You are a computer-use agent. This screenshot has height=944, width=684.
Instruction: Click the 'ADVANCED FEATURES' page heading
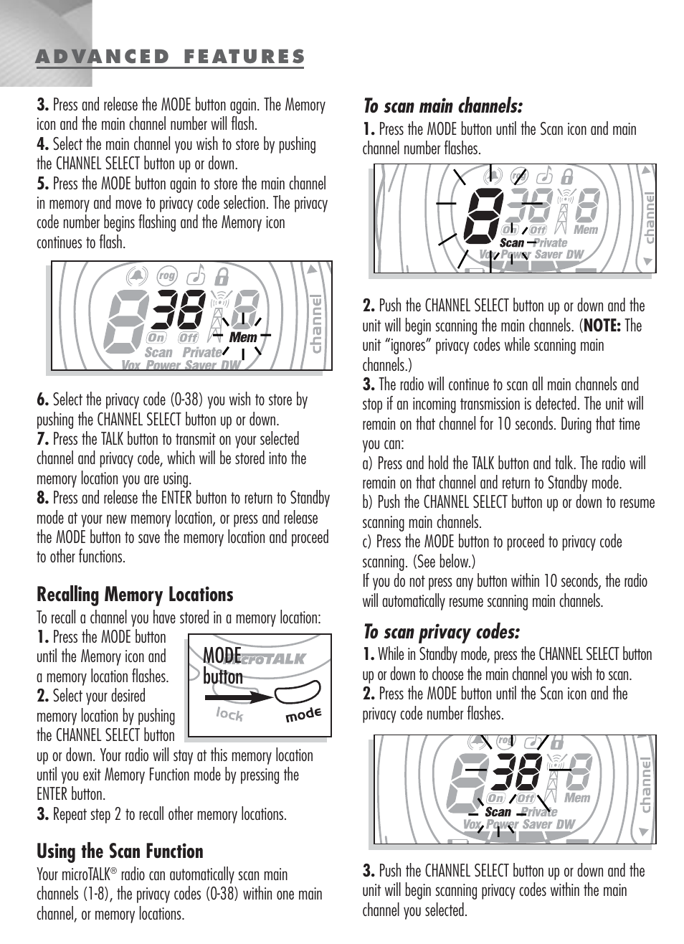171,57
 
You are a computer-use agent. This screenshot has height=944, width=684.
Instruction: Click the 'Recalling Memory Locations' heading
135,595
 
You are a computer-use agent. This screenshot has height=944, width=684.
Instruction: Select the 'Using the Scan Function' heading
120,851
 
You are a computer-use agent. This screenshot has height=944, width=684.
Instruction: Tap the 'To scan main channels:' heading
442,107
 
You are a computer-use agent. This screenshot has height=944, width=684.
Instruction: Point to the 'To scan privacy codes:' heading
441,632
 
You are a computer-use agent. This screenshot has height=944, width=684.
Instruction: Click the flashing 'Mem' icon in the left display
243,337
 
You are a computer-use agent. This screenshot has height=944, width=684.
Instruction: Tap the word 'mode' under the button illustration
303,715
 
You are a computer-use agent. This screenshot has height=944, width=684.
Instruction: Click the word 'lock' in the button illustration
229,714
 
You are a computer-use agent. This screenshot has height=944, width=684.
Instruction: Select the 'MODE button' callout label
223,666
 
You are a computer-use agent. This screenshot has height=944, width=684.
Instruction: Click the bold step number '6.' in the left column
43,400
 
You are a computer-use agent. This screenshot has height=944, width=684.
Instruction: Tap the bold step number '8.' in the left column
43,498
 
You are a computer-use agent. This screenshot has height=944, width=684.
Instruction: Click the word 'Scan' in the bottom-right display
498,812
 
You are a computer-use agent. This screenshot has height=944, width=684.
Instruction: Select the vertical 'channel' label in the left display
317,324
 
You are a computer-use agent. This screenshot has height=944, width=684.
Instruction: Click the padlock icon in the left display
223,276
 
